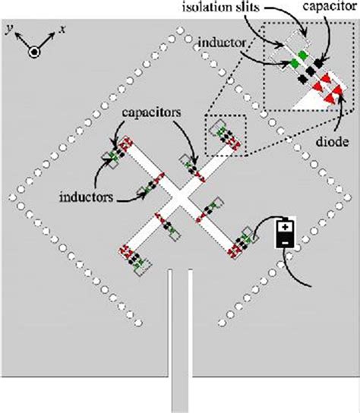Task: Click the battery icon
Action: [285, 233]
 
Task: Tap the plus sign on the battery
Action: [285, 225]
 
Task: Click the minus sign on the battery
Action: [285, 241]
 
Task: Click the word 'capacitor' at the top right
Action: [330, 8]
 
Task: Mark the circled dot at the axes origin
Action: [33, 52]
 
